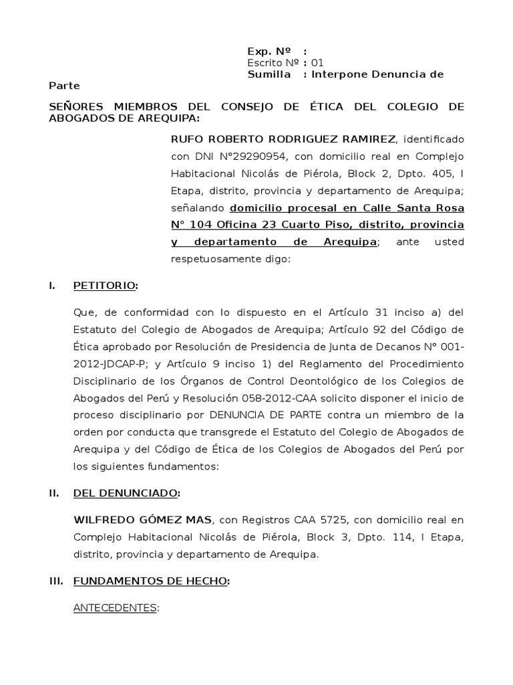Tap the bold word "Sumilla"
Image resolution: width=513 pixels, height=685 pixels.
(x=269, y=74)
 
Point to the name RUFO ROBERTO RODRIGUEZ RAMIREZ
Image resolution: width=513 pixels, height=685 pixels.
(x=284, y=139)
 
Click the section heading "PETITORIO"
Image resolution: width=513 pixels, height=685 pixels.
(x=105, y=286)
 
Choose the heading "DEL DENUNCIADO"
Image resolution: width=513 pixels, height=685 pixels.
(x=126, y=494)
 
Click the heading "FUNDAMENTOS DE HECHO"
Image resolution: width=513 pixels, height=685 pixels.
(x=150, y=582)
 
